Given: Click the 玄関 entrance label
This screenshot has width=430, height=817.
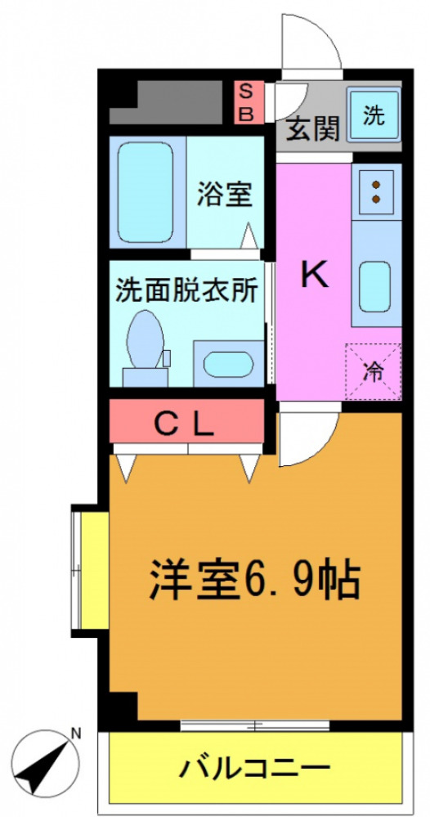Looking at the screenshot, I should coord(312,131).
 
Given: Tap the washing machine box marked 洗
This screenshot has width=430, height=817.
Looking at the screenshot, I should coord(373,116).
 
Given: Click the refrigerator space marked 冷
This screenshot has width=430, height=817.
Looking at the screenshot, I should coord(373,373).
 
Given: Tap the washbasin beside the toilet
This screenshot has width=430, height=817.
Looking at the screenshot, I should coord(227,363).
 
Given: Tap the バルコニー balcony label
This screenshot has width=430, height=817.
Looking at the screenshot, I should coord(254,768).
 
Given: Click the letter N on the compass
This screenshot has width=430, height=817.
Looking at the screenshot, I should coord(75,734).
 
